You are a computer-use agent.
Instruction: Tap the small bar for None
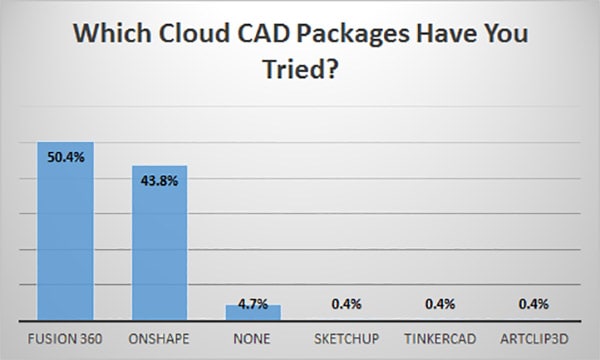[252, 312]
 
